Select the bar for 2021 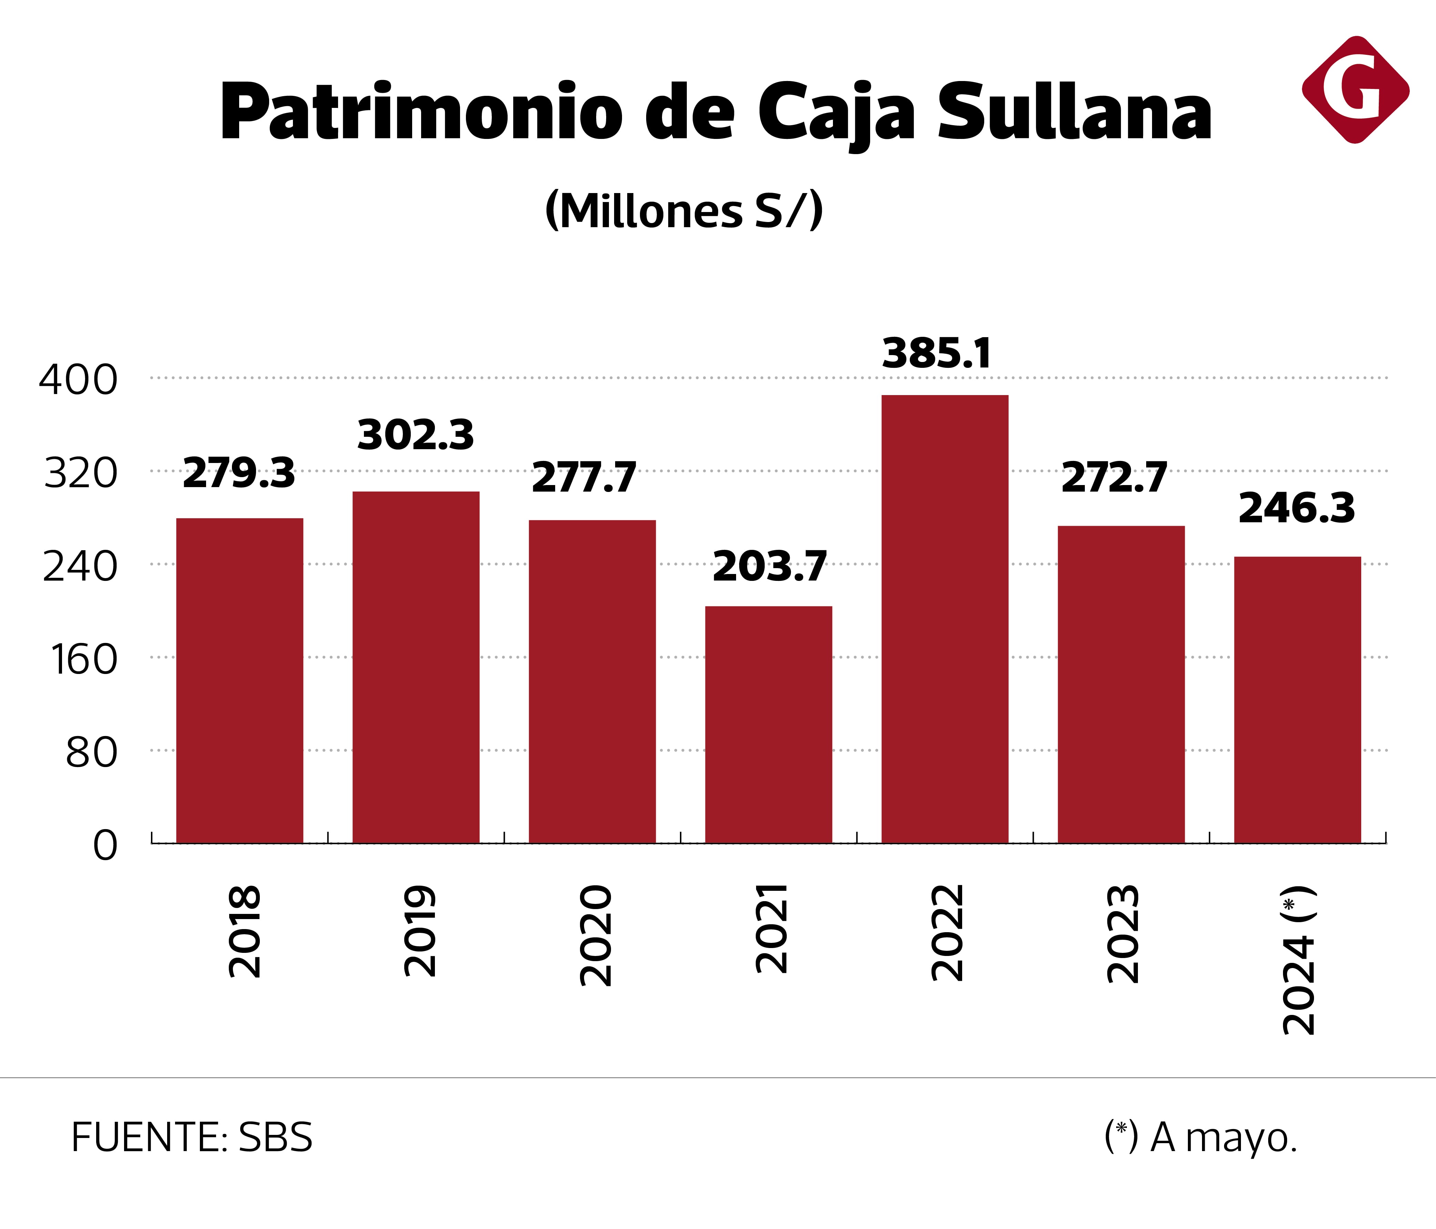pyautogui.click(x=768, y=724)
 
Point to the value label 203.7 pyautogui.click(x=769, y=566)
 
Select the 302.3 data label pyautogui.click(x=416, y=435)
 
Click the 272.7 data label pyautogui.click(x=1114, y=478)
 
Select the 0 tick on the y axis pyautogui.click(x=105, y=846)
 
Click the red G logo pyautogui.click(x=1355, y=90)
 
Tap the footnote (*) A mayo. pyautogui.click(x=1200, y=1138)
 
